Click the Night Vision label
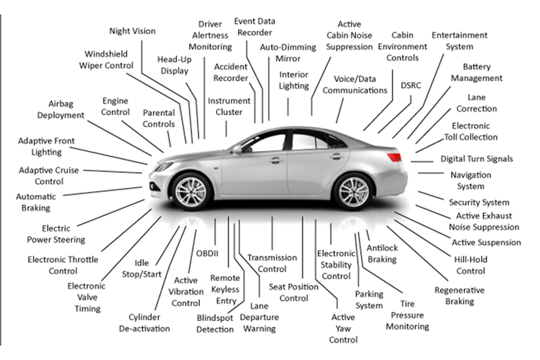pyautogui.click(x=132, y=31)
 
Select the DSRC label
pyautogui.click(x=411, y=85)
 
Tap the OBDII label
pyautogui.click(x=207, y=253)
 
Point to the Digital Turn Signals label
pyautogui.click(x=477, y=159)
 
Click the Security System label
pyautogui.click(x=479, y=202)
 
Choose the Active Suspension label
pyautogui.click(x=486, y=242)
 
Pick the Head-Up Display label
pyautogui.click(x=174, y=65)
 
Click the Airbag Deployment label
pyautogui.click(x=61, y=109)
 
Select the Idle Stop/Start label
pyautogui.click(x=141, y=268)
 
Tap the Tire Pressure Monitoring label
pyautogui.click(x=407, y=315)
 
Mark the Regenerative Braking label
pyautogui.click(x=459, y=296)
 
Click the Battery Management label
pyautogui.click(x=477, y=72)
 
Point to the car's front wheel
pyautogui.click(x=191, y=192)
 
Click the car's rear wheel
pyautogui.click(x=353, y=191)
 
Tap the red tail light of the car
pyautogui.click(x=394, y=157)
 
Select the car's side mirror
pyautogui.click(x=237, y=149)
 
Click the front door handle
pyautogui.click(x=276, y=160)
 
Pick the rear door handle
pyautogui.click(x=337, y=156)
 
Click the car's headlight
pyautogui.click(x=164, y=166)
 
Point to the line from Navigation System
pyautogui.click(x=431, y=173)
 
